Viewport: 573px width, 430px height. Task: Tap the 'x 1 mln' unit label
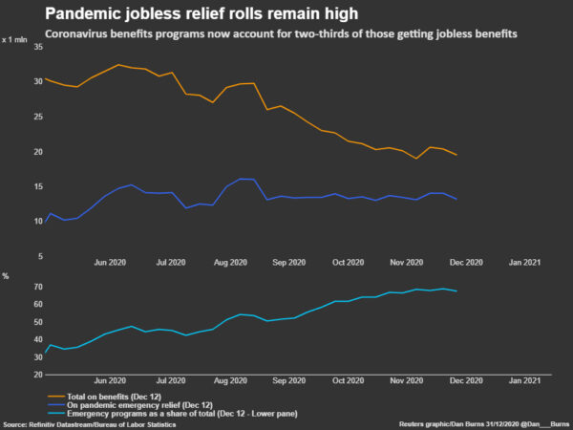pyautogui.click(x=16, y=39)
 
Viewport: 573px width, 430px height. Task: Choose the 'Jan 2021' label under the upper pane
pyautogui.click(x=524, y=262)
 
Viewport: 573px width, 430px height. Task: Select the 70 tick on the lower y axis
pyautogui.click(x=37, y=287)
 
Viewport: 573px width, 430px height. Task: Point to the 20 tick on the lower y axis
pyautogui.click(x=37, y=374)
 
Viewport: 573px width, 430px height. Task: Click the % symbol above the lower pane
pyautogui.click(x=6, y=276)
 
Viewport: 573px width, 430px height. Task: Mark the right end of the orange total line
pyautogui.click(x=456, y=155)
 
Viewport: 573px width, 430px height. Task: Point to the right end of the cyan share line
pyautogui.click(x=456, y=291)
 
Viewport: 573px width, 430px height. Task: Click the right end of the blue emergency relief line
pyautogui.click(x=456, y=199)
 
